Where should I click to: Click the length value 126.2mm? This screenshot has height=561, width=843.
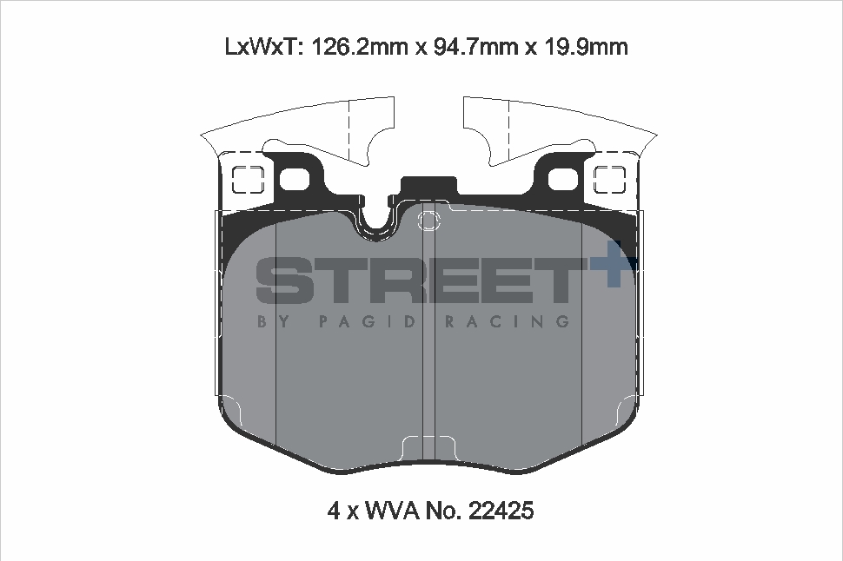point(356,46)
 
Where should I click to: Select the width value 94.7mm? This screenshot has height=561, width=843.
point(471,46)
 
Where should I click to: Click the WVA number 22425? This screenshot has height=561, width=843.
point(501,511)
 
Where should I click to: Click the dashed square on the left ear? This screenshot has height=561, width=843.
point(249,180)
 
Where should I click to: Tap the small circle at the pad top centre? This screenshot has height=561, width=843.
point(428,221)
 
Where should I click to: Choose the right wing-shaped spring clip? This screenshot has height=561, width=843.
point(565,130)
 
